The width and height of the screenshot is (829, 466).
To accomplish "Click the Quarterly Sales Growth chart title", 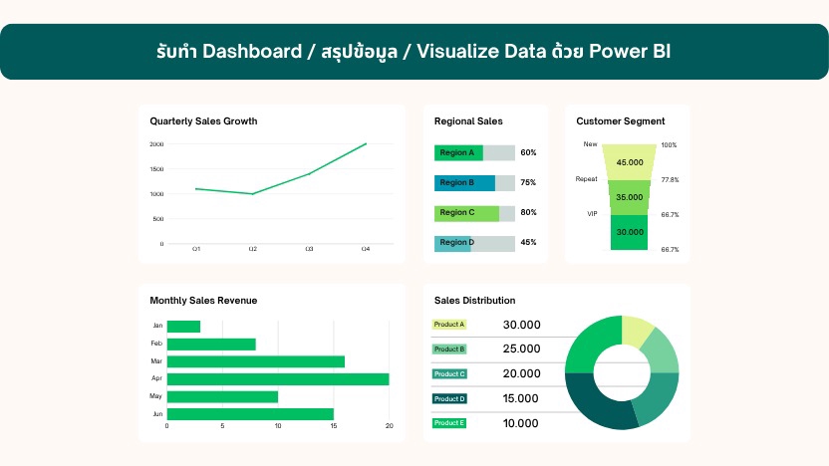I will (203, 121).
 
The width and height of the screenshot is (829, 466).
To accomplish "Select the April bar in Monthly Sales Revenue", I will (278, 378).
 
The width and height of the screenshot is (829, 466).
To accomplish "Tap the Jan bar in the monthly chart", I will (183, 327).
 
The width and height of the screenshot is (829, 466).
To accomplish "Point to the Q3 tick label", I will (309, 248).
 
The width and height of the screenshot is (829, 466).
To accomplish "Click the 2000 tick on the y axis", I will (156, 144).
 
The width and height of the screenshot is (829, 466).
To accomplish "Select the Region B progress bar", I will (464, 183).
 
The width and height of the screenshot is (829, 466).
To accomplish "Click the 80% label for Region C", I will (528, 213).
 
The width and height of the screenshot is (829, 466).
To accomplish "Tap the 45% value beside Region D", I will (528, 243).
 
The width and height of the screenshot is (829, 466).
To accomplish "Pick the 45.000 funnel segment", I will (630, 161).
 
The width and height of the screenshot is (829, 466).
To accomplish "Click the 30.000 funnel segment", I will (630, 231).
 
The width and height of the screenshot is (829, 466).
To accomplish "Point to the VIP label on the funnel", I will (591, 213).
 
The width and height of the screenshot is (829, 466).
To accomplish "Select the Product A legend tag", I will (449, 325).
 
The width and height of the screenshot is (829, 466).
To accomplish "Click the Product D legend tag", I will (449, 398).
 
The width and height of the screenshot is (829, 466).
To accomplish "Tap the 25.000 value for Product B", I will (521, 349).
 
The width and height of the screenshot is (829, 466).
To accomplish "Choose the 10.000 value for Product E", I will (521, 423).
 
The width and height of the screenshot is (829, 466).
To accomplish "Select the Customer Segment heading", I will (621, 121).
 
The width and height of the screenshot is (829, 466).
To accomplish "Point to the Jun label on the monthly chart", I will (157, 413).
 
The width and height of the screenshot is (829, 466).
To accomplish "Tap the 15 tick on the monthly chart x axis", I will (334, 426).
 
